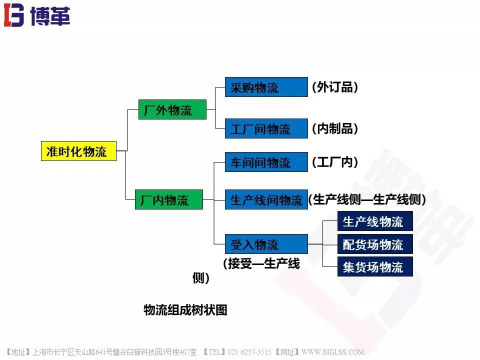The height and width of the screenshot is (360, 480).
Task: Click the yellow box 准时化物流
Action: [x=78, y=151]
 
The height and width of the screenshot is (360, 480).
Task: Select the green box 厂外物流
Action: [x=172, y=109]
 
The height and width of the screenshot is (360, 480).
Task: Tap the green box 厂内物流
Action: [x=169, y=199]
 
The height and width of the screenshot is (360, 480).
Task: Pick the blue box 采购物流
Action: [x=266, y=87]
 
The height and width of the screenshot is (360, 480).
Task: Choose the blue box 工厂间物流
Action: [x=266, y=128]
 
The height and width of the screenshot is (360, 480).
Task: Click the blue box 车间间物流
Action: [x=266, y=162]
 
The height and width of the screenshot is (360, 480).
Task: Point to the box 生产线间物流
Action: [x=266, y=199]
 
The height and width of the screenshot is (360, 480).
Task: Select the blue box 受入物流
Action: [x=266, y=244]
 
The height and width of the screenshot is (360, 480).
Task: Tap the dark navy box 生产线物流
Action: [x=375, y=221]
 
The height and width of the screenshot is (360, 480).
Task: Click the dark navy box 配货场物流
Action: [x=375, y=244]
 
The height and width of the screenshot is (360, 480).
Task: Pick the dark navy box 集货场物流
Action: [x=375, y=266]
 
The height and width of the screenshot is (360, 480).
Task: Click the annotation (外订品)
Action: [x=335, y=87]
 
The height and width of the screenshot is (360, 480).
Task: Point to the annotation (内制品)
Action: [x=335, y=128]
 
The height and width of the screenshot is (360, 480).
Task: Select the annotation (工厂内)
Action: [x=335, y=162]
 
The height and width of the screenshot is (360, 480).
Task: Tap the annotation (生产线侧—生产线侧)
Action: [x=367, y=199]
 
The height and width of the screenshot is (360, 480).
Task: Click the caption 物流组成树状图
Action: [x=185, y=310]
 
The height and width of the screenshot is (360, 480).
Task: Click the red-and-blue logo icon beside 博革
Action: [x=14, y=15]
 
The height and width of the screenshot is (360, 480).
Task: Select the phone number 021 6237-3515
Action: [x=249, y=352]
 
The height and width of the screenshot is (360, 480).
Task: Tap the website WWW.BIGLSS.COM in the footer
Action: [x=333, y=352]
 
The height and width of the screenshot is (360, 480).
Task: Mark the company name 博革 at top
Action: [x=50, y=15]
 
